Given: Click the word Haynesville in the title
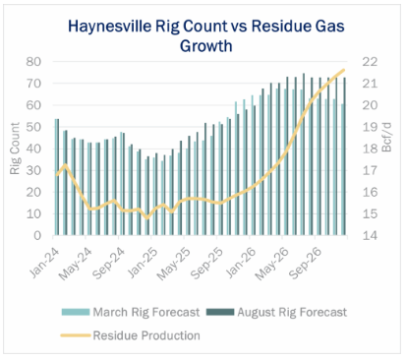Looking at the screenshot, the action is [x=109, y=27].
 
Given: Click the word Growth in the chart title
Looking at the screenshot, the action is [x=206, y=45].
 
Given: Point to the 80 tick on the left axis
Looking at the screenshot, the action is [x=33, y=62].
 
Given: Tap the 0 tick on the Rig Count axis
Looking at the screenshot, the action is [x=37, y=235].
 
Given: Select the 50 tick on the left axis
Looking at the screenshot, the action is [x=33, y=127].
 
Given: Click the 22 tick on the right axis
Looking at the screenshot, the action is [x=370, y=62].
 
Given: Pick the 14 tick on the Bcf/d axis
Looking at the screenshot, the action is [x=370, y=235].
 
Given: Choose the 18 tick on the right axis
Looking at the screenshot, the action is [x=370, y=149].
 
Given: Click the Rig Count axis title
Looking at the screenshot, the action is [x=15, y=149].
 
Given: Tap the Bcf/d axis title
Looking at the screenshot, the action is [x=387, y=138].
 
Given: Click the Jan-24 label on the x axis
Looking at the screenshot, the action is [x=44, y=263].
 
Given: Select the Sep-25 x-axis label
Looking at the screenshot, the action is [x=206, y=264].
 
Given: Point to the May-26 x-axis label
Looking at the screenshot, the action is [x=272, y=264].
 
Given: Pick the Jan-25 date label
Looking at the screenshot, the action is [x=143, y=263].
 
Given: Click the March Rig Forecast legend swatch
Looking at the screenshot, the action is [x=76, y=312].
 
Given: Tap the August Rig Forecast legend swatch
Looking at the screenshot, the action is [x=220, y=312].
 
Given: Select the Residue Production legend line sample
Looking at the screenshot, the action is [x=76, y=335].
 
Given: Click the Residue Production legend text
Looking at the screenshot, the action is [x=146, y=335].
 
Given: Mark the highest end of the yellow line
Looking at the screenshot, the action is [x=344, y=70].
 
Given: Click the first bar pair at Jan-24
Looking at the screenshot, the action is [x=57, y=177].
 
